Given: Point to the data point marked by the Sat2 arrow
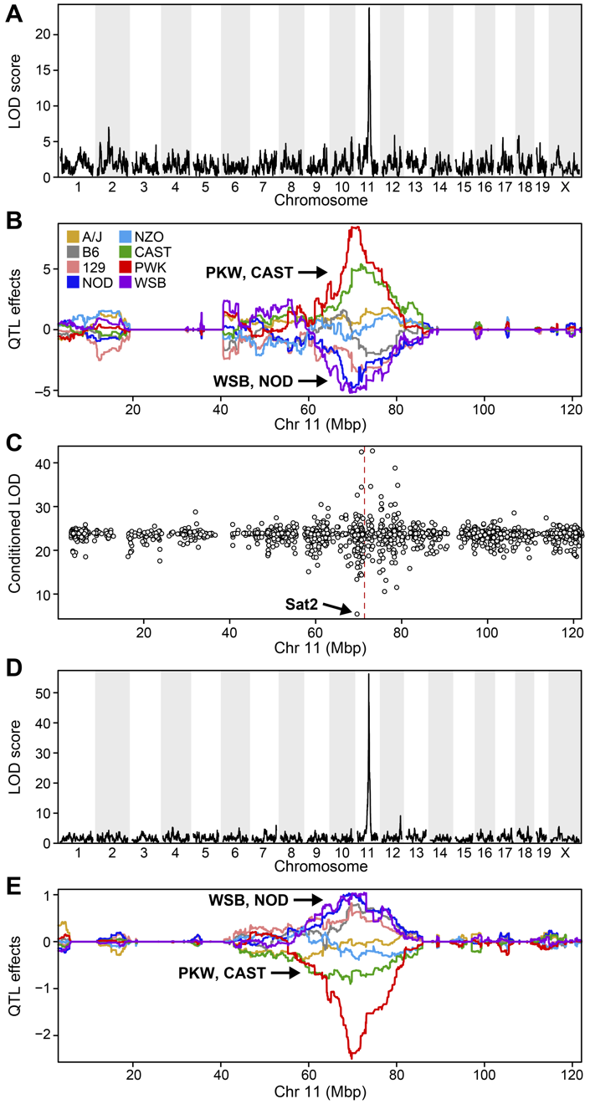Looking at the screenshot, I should (357, 614).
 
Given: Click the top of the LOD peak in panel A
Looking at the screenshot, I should (369, 8).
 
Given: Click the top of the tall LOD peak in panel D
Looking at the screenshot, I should (369, 674).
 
